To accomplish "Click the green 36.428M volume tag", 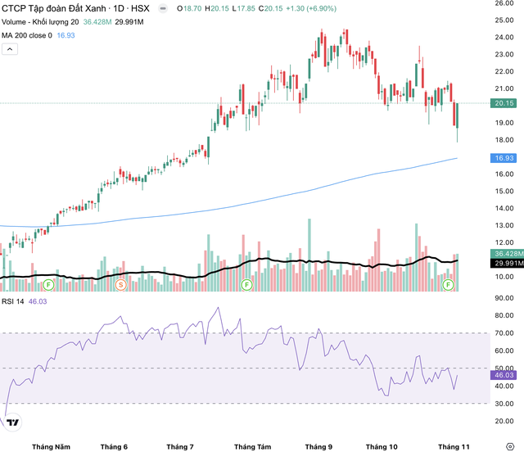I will tap(507, 253).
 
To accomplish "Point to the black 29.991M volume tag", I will tap(507, 263).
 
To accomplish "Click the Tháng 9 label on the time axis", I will tap(318, 445).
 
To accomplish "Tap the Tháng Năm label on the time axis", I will tap(51, 445).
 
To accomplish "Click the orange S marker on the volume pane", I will tap(121, 284).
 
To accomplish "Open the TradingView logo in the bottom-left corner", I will tap(12, 423).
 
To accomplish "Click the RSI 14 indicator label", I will tap(13, 301).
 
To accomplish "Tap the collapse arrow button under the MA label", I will tap(10, 49).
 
